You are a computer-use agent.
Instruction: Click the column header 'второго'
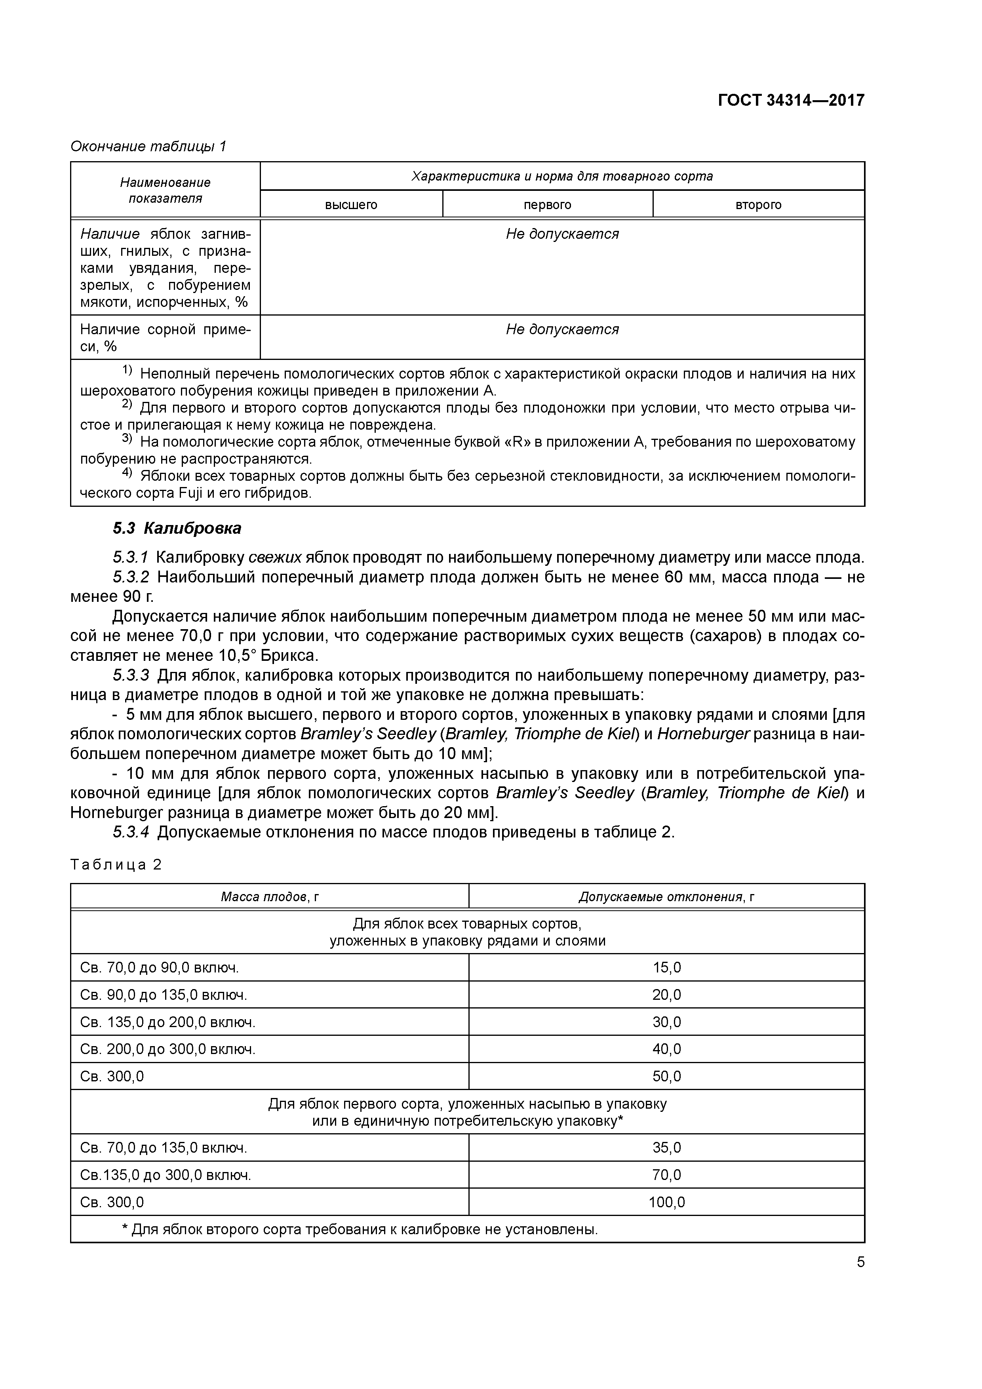pos(758,205)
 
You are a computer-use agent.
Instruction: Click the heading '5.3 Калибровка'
pos(177,528)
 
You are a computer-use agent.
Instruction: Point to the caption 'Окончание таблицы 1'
pos(148,147)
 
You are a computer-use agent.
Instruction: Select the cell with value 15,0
pos(666,967)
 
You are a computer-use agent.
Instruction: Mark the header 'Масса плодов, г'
pos(269,896)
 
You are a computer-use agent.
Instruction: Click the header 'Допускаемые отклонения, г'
pos(666,896)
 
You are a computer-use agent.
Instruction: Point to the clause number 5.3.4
pos(131,832)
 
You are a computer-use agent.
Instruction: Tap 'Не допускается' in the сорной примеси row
pos(562,330)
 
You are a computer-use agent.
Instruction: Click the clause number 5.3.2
pos(131,577)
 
